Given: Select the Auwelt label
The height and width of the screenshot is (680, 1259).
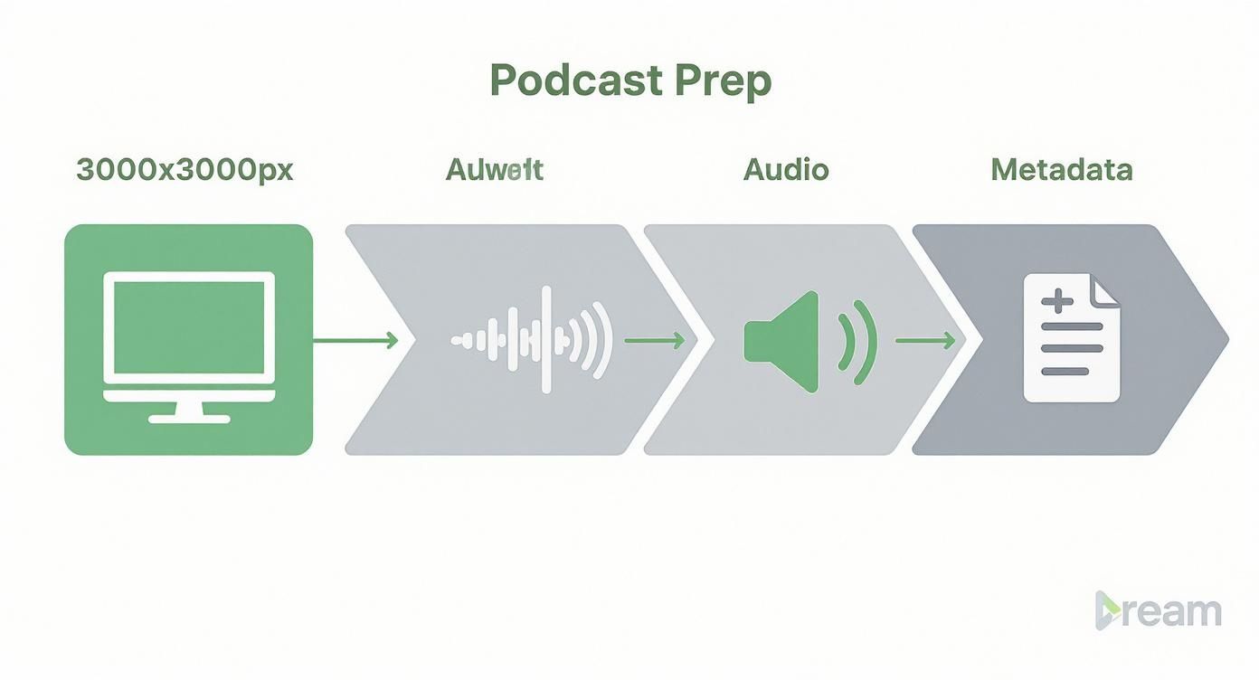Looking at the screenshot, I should [495, 170].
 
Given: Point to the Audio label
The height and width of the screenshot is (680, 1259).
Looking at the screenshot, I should [786, 170].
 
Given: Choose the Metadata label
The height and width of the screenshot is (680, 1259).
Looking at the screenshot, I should [1062, 170].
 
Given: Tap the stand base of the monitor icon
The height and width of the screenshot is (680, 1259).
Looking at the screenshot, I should [189, 418].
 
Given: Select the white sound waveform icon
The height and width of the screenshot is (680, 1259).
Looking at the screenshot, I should [532, 340].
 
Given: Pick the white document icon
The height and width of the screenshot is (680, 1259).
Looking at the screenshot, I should [1071, 339].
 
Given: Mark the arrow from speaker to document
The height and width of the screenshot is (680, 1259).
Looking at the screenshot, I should [925, 340].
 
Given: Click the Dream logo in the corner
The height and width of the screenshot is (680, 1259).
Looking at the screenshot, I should [1158, 611].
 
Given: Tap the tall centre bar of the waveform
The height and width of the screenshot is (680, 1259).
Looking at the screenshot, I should [545, 340].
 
